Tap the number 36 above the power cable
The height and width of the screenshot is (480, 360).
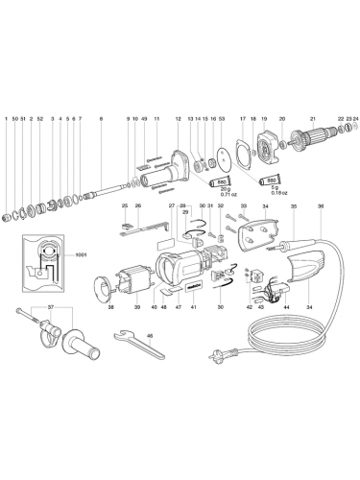(x=321, y=206)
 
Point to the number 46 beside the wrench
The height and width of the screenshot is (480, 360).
(x=150, y=335)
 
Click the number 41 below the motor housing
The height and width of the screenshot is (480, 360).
(x=193, y=307)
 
